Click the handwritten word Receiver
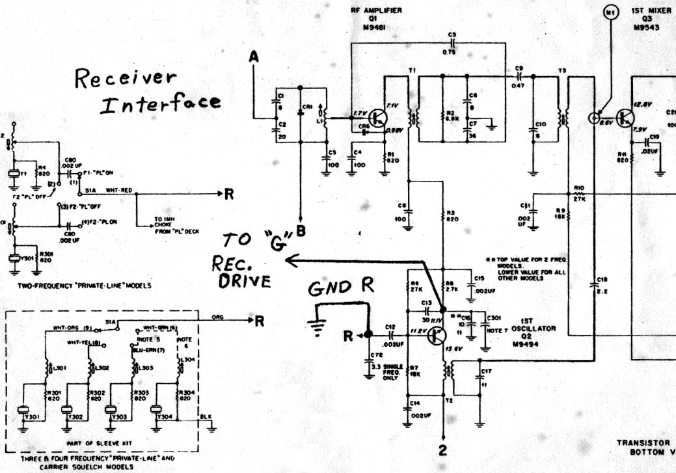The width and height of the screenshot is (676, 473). coord(125,79)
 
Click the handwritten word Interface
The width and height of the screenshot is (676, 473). coord(160,103)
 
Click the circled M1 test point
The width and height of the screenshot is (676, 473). coord(610,12)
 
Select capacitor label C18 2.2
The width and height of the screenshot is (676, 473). coord(600,286)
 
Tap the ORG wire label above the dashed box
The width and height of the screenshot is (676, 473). coord(218,316)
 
